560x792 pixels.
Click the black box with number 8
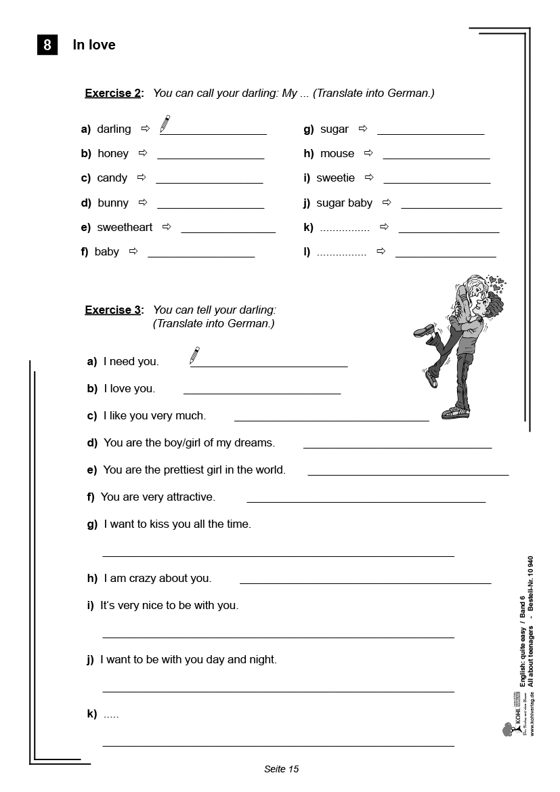[x=47, y=45]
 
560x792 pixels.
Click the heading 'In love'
[x=94, y=45]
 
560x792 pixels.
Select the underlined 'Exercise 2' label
[x=113, y=93]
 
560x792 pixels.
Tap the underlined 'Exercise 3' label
[x=113, y=310]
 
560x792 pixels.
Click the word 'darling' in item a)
[x=114, y=129]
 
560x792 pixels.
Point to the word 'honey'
[x=113, y=154]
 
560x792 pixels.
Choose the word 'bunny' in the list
[x=113, y=203]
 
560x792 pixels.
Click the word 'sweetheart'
[x=125, y=227]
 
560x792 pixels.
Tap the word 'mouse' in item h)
[x=337, y=154]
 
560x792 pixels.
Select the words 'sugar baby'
[x=345, y=203]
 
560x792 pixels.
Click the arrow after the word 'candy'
[x=142, y=178]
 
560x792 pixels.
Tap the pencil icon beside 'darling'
[x=165, y=124]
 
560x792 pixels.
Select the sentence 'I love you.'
[x=129, y=389]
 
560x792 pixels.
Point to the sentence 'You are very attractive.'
[x=158, y=497]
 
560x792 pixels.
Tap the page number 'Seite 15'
[x=281, y=769]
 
